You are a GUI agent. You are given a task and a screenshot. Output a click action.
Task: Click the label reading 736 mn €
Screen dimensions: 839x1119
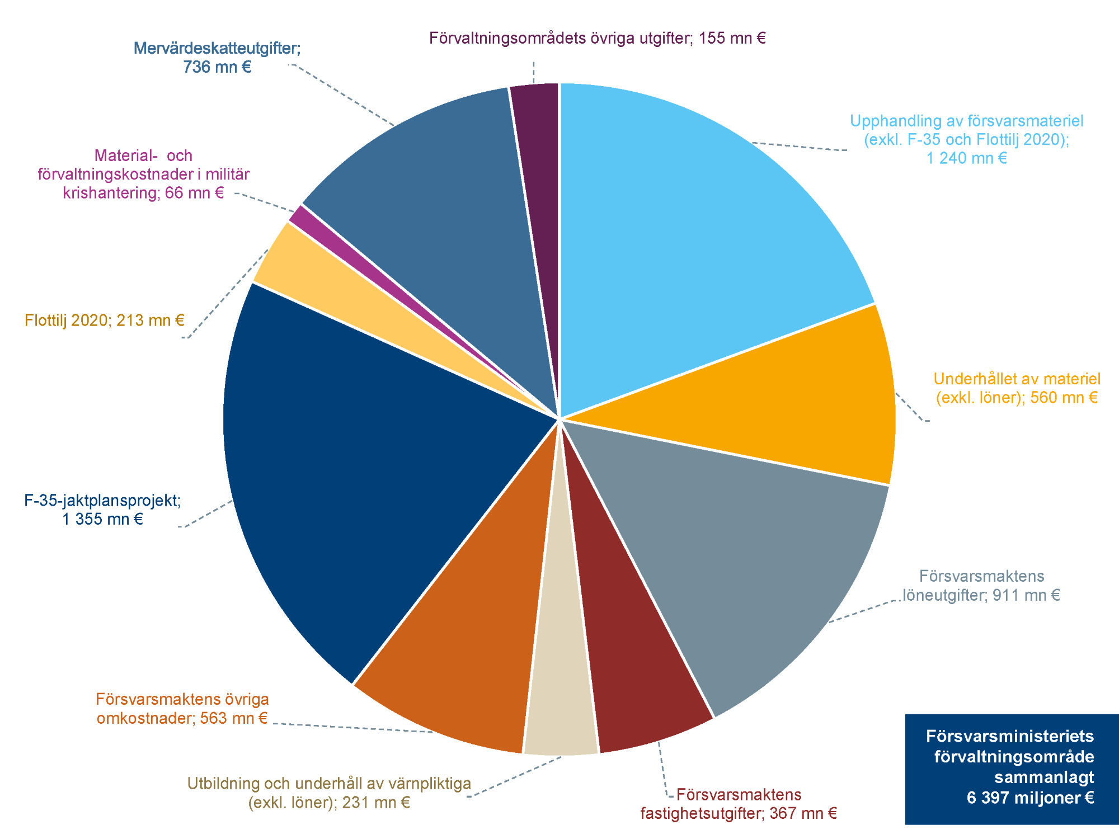click(x=217, y=67)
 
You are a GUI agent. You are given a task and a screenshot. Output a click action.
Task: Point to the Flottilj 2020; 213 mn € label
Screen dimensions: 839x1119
click(x=105, y=320)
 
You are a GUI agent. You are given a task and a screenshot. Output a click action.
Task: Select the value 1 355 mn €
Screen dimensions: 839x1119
click(x=102, y=519)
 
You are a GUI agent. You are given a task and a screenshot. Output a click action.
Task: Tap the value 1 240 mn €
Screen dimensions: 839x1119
click(x=967, y=158)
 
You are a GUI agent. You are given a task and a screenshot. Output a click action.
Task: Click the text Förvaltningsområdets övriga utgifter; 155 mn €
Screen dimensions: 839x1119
click(x=597, y=38)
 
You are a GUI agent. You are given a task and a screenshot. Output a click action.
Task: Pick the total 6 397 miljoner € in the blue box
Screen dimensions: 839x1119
click(x=1030, y=798)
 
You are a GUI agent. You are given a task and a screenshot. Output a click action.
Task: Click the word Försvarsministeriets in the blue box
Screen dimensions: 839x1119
click(x=1010, y=736)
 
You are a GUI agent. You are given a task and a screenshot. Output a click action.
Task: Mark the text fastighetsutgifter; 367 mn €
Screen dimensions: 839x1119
click(x=739, y=813)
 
